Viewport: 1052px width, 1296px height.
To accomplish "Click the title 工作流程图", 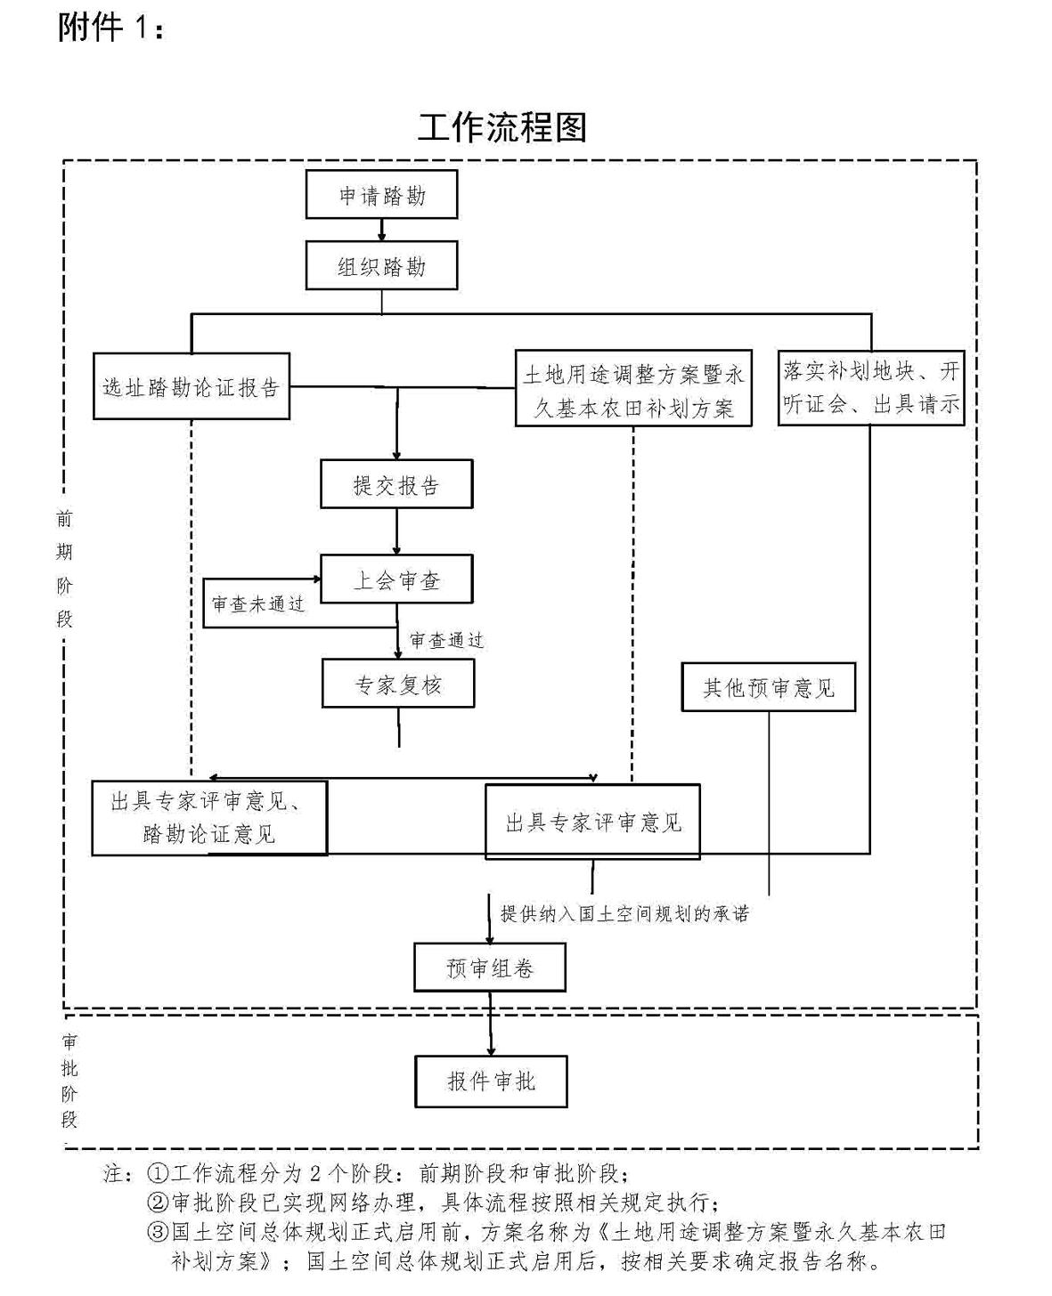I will (502, 128).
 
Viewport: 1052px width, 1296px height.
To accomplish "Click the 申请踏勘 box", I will (381, 195).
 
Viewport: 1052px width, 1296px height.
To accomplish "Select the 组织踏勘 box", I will (381, 266).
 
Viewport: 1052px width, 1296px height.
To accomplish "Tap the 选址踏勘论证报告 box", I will (192, 387).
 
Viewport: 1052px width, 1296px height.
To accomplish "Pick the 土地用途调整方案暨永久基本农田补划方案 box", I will (633, 389).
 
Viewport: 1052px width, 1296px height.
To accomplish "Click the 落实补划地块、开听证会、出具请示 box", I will (871, 387).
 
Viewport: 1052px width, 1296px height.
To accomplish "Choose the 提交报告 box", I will (396, 485).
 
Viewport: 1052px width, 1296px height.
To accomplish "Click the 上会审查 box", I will (396, 580).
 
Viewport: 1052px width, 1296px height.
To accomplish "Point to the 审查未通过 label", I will (258, 604).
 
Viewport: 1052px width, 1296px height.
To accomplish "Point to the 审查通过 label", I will (446, 640).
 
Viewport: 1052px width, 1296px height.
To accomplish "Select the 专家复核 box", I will (398, 684).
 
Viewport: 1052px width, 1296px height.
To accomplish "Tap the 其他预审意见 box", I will (768, 687).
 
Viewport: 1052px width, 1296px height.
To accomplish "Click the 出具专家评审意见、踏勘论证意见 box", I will (209, 818).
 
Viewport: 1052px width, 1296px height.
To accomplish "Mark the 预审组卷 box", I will (490, 968).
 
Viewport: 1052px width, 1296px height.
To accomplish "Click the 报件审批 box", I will (491, 1081).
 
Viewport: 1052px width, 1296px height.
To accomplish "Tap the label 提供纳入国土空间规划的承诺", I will (624, 913).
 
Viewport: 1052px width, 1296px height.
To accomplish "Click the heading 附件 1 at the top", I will (110, 28).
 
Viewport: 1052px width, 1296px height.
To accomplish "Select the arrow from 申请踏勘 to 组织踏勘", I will (382, 230).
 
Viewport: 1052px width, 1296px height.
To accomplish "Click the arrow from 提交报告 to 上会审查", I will (397, 532).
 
